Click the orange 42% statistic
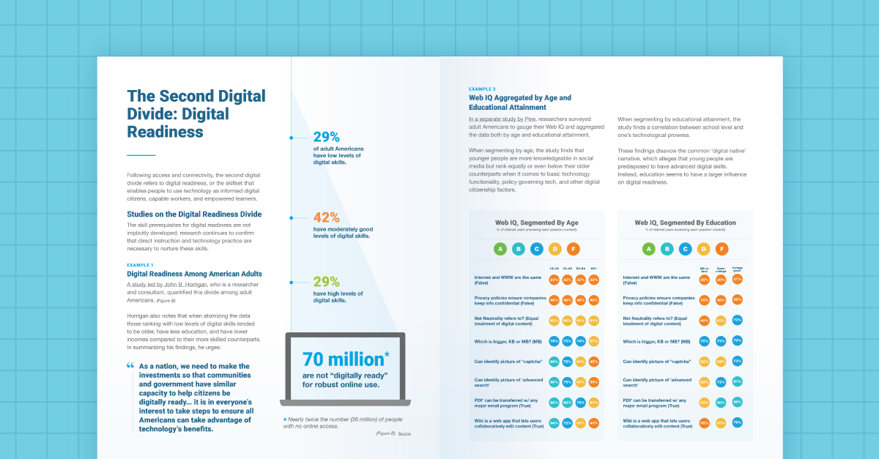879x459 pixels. tap(327, 217)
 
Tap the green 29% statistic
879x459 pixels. tap(327, 282)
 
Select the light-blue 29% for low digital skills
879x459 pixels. tap(327, 137)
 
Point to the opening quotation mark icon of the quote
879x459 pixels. tap(130, 365)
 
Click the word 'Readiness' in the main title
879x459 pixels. tap(165, 132)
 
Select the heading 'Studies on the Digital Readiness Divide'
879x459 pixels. tap(194, 214)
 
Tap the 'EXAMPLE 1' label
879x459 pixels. tap(140, 265)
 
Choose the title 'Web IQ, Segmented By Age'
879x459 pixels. tap(537, 223)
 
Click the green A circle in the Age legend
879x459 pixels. tap(501, 249)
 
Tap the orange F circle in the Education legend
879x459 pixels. tap(722, 249)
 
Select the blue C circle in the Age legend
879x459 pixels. tap(537, 249)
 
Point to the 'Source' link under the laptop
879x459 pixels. tap(404, 434)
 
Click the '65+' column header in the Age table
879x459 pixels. tap(593, 269)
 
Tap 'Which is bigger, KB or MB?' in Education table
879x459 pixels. tap(655, 340)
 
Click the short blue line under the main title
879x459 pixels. tap(141, 155)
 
